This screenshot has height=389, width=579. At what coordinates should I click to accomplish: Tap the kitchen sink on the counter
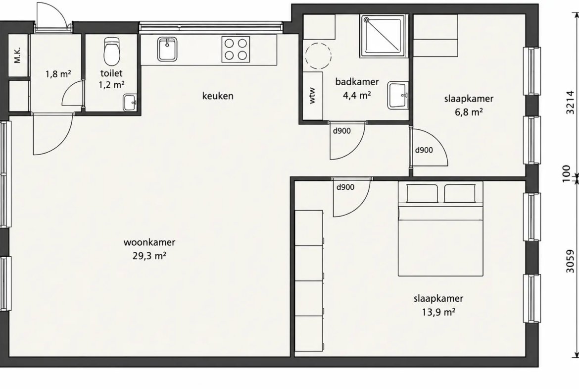pyautogui.click(x=167, y=49)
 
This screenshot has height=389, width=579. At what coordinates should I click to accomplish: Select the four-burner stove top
pyautogui.click(x=236, y=49)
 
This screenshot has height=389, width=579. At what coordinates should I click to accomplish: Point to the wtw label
pyautogui.click(x=312, y=95)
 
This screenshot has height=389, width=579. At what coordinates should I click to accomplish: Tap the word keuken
pyautogui.click(x=218, y=96)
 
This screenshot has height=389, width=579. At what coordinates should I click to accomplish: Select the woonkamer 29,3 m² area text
pyautogui.click(x=149, y=248)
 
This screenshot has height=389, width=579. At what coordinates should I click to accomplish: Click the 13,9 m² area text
pyautogui.click(x=438, y=312)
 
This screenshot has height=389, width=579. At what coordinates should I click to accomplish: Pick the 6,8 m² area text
pyautogui.click(x=469, y=111)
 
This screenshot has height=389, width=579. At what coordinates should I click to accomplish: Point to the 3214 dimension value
pyautogui.click(x=571, y=103)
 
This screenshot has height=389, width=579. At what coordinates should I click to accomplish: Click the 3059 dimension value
pyautogui.click(x=571, y=262)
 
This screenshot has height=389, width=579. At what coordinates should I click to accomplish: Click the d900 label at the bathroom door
pyautogui.click(x=342, y=130)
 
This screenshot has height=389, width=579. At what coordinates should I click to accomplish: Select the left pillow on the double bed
pyautogui.click(x=422, y=193)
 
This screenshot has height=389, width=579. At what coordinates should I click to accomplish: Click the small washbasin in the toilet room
pyautogui.click(x=130, y=102)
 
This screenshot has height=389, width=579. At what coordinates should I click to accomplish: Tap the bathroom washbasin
pyautogui.click(x=398, y=96)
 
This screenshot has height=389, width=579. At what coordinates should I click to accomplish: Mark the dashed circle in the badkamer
pyautogui.click(x=318, y=56)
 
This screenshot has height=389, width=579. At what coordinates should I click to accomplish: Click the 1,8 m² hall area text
pyautogui.click(x=58, y=74)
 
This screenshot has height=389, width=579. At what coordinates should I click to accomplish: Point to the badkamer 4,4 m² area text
pyautogui.click(x=357, y=88)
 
